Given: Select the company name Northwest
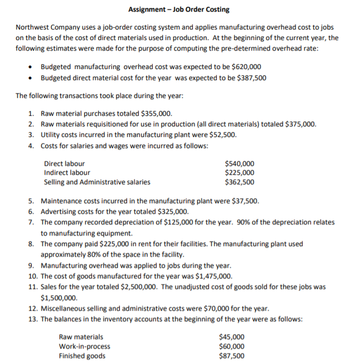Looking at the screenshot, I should (x=33, y=27).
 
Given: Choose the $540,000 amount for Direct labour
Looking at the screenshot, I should (x=239, y=164).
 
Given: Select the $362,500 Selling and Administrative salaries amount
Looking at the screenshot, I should (x=239, y=181).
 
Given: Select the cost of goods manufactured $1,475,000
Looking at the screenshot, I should (x=210, y=276).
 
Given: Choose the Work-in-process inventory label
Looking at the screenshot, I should (x=84, y=346).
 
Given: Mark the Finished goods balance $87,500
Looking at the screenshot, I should (x=232, y=356).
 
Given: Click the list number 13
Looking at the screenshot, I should (x=33, y=319).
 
